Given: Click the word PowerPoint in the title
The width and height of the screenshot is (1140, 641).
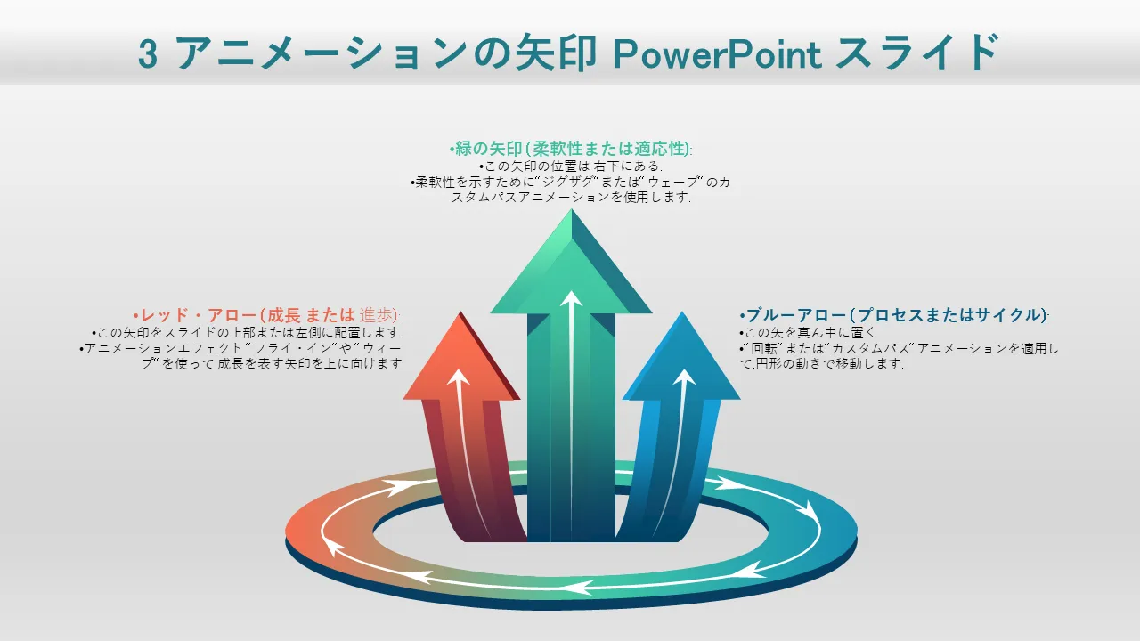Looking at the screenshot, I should pos(717,53).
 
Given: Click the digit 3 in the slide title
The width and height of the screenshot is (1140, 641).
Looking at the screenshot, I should pos(149,54).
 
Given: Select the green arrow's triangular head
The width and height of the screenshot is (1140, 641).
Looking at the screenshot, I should pos(570,267).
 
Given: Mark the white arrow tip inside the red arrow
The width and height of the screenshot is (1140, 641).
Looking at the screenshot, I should pos(458,377).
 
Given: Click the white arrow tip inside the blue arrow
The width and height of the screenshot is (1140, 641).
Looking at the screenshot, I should pos(684,377).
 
